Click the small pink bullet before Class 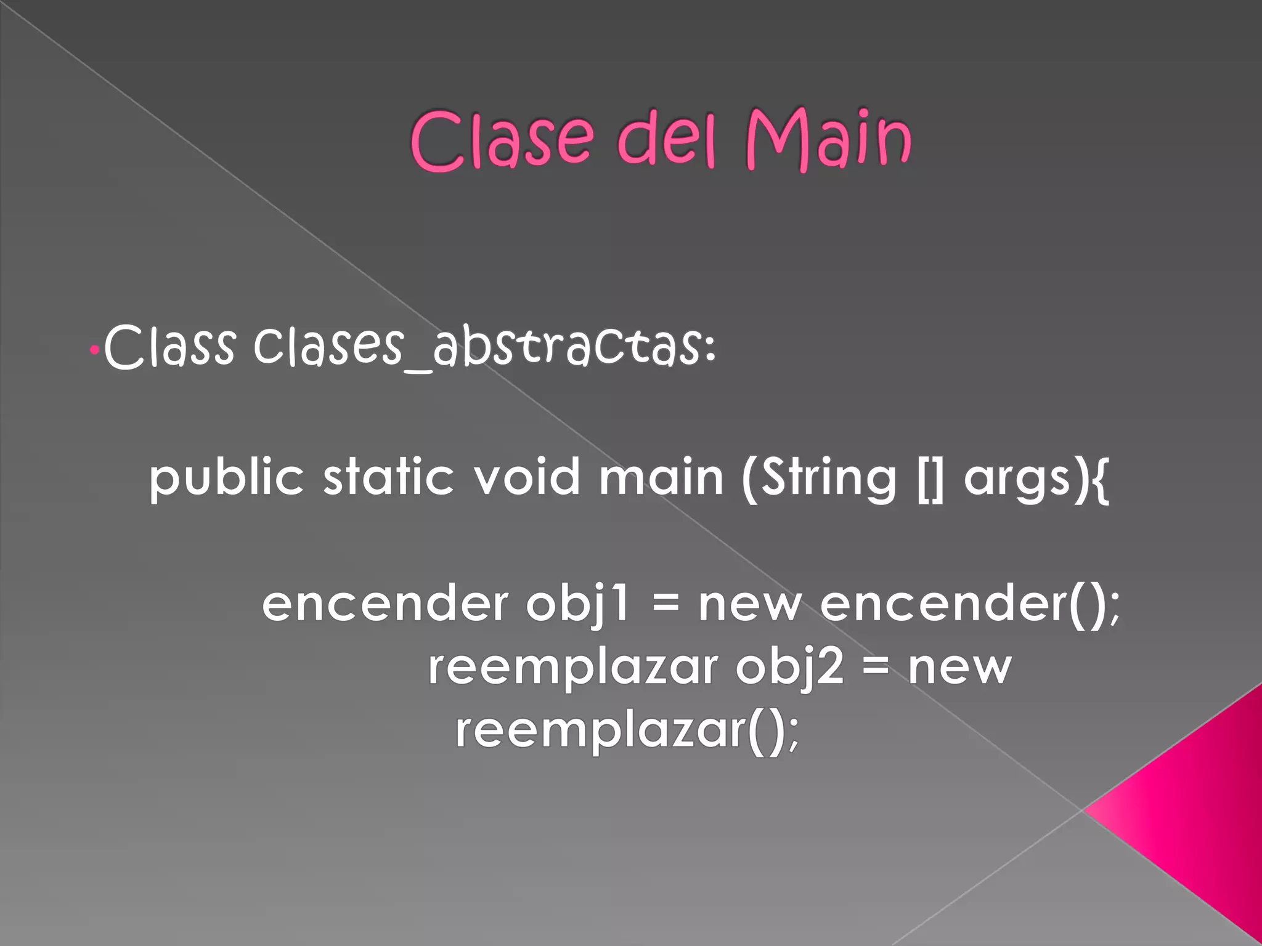94,350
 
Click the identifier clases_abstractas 484,347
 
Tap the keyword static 389,477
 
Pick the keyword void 527,477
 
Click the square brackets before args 930,479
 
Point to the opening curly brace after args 1101,480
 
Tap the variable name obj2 789,668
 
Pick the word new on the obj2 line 959,668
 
